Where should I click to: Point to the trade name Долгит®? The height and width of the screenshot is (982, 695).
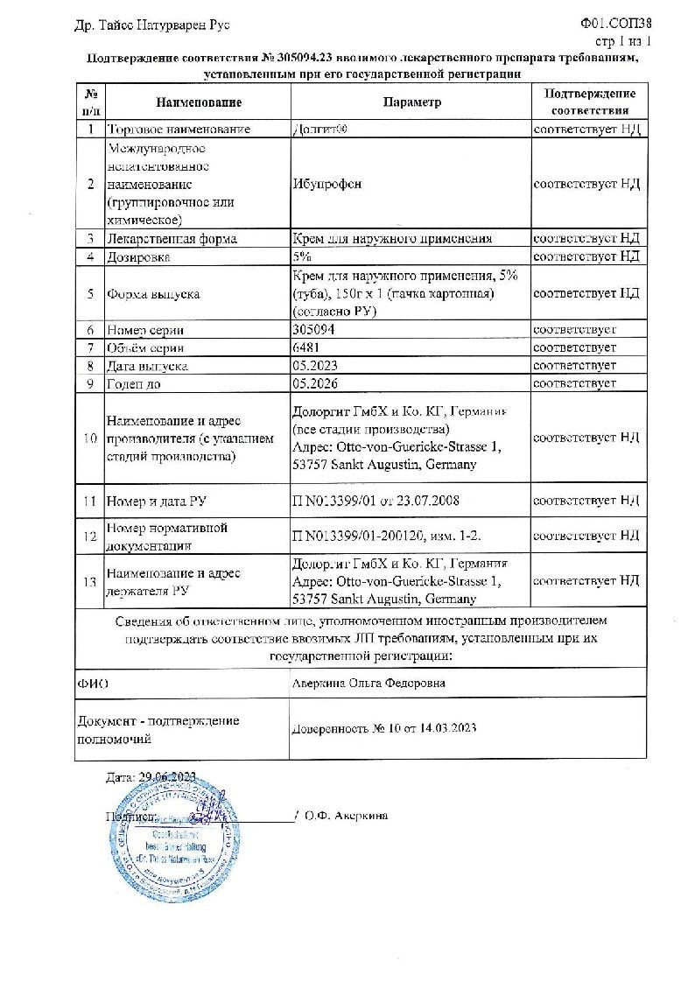tap(319, 130)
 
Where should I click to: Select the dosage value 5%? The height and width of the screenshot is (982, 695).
tap(302, 256)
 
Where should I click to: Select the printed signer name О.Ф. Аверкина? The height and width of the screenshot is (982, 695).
tap(347, 815)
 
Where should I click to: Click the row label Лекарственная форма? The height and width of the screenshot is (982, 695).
tap(171, 238)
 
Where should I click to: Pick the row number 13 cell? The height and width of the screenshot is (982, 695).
tap(90, 581)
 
